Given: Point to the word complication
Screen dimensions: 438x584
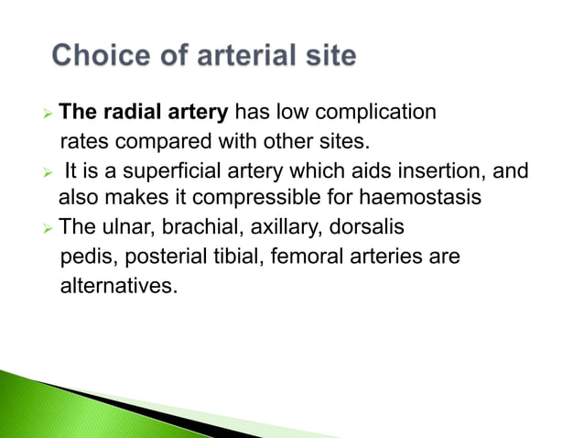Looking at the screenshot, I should tap(377, 113).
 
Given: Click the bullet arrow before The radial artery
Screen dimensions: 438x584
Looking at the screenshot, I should tap(49, 115).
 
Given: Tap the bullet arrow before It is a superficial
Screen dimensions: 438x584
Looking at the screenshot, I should tap(49, 171).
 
